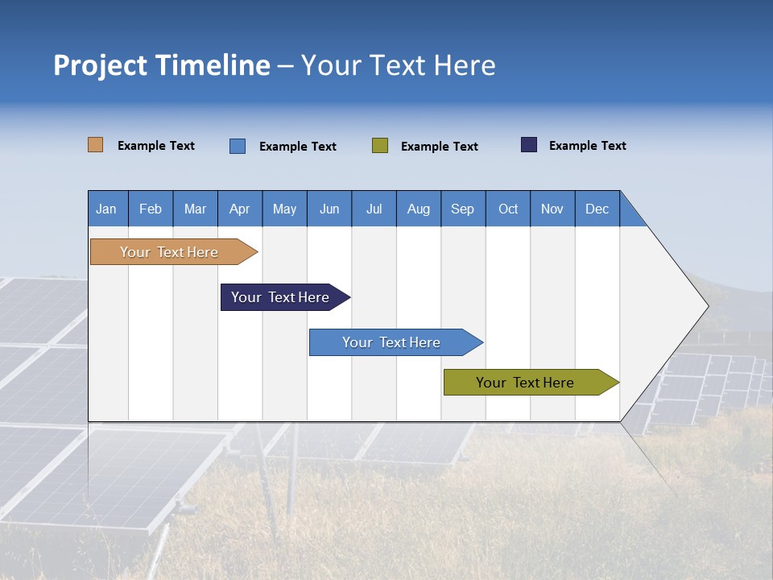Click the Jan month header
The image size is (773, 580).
pyautogui.click(x=107, y=209)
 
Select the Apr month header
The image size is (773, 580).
pyautogui.click(x=240, y=209)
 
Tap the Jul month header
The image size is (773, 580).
pyautogui.click(x=374, y=209)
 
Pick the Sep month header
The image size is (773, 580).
pyautogui.click(x=463, y=209)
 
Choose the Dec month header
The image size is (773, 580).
pyautogui.click(x=597, y=209)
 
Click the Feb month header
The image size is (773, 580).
pyautogui.click(x=151, y=209)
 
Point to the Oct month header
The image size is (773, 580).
pyautogui.click(x=508, y=209)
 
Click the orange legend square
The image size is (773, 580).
pyautogui.click(x=96, y=145)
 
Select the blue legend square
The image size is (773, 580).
pyautogui.click(x=238, y=146)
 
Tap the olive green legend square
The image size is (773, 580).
pyautogui.click(x=380, y=146)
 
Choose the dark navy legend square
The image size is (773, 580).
pyautogui.click(x=529, y=145)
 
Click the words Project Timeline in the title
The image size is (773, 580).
pyautogui.click(x=162, y=65)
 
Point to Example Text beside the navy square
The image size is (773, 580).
pyautogui.click(x=587, y=146)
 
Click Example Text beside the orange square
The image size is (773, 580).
pyautogui.click(x=156, y=146)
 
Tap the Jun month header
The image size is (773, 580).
pyautogui.click(x=329, y=209)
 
